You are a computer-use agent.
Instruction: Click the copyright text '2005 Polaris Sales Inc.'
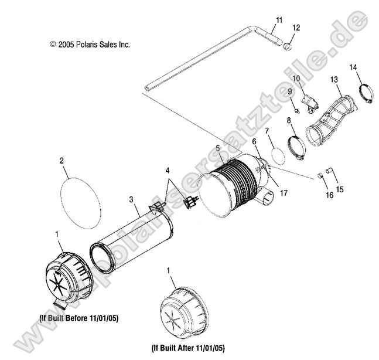coord(90,44)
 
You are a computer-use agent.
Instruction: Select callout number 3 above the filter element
coord(132,199)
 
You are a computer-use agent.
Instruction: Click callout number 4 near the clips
coord(169,171)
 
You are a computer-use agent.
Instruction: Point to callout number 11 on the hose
coord(279,20)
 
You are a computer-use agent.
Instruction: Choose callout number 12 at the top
coord(296,28)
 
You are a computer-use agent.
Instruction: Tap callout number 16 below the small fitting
coord(329,195)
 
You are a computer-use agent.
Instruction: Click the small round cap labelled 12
coord(288,45)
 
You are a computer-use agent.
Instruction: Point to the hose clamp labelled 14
coord(364,93)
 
